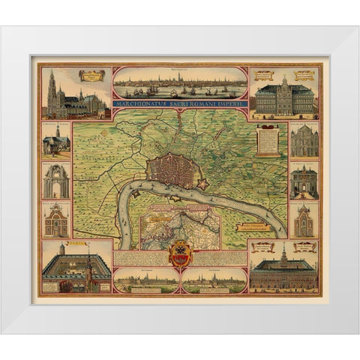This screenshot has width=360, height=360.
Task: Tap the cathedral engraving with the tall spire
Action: (75, 95)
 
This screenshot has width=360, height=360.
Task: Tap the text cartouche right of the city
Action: (267, 139)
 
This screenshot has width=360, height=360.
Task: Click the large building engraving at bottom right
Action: (284, 268)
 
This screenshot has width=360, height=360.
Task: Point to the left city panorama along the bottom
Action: (145, 281)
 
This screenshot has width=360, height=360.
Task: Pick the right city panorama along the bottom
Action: (215, 281)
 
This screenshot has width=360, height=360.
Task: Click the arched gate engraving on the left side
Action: (56, 181)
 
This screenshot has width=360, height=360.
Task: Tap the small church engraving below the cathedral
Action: (56, 141)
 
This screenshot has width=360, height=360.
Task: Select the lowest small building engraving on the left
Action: (56, 219)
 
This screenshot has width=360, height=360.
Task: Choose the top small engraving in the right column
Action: (304, 140)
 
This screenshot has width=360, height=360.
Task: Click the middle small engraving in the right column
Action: (304, 181)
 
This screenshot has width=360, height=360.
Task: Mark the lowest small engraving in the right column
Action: (304, 220)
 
